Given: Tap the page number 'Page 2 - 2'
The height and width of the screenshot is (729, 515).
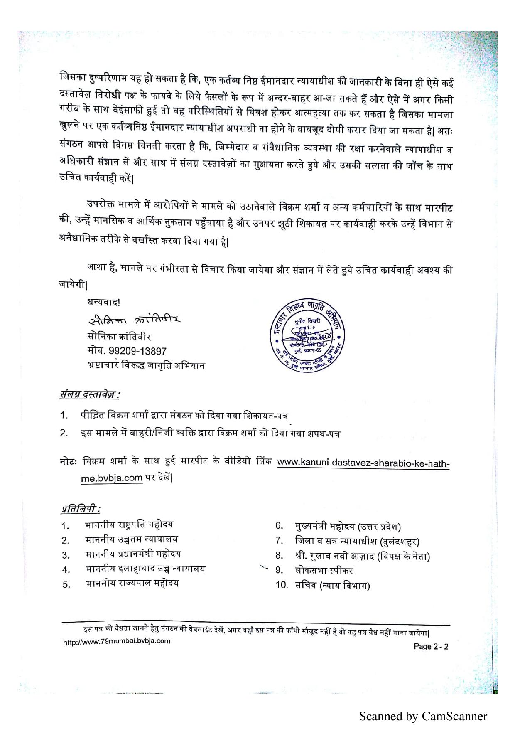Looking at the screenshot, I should (431, 646).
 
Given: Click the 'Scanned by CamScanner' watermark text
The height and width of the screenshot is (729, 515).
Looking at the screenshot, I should (423, 716).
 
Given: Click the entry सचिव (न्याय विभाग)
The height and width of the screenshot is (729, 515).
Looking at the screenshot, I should (332, 585).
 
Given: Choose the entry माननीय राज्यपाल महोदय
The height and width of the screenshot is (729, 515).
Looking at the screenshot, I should (132, 583).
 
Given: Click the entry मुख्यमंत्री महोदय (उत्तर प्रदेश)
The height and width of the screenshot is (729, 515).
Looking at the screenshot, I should (348, 526).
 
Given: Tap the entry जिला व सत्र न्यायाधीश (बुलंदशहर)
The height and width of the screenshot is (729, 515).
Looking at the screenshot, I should (357, 541).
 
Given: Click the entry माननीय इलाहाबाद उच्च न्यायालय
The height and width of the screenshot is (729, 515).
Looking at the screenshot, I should (145, 569).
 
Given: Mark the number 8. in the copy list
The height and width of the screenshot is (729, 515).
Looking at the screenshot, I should (279, 556).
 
